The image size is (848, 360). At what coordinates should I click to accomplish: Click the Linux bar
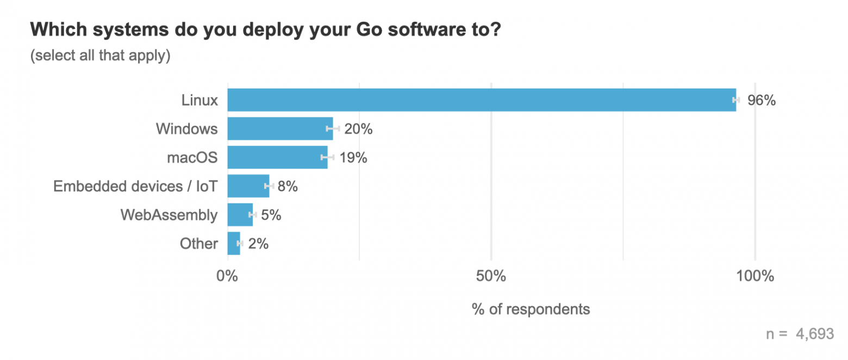pos(481,100)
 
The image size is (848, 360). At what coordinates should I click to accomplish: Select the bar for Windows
pos(280,129)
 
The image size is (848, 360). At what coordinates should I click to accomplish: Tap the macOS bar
pos(277,157)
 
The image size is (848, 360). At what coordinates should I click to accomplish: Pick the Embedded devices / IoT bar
pos(248,186)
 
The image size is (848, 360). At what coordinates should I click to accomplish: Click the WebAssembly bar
pos(240,215)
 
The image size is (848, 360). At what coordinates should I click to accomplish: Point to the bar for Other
pos(233,244)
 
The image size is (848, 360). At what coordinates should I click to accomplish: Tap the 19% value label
pos(353,158)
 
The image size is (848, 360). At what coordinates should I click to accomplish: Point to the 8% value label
pos(288,187)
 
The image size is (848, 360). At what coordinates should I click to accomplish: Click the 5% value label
pos(271,215)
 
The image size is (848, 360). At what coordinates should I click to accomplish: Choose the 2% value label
pos(258,244)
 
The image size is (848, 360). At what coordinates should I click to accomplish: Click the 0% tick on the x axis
pos(227,276)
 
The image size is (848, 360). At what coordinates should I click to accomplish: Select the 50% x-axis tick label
pos(491,276)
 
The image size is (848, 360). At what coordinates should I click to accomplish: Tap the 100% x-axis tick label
pos(755,276)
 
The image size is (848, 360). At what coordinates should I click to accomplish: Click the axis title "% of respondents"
pos(531,309)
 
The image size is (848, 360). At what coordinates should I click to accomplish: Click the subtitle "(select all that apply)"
pos(101,55)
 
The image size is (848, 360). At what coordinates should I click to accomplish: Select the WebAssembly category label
pos(169,215)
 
